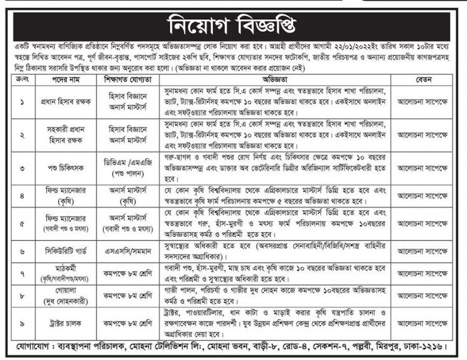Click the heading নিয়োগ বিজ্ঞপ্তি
pyautogui.click(x=233, y=25)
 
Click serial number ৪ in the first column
pyautogui.click(x=22, y=196)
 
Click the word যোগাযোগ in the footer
pyautogui.click(x=34, y=346)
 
